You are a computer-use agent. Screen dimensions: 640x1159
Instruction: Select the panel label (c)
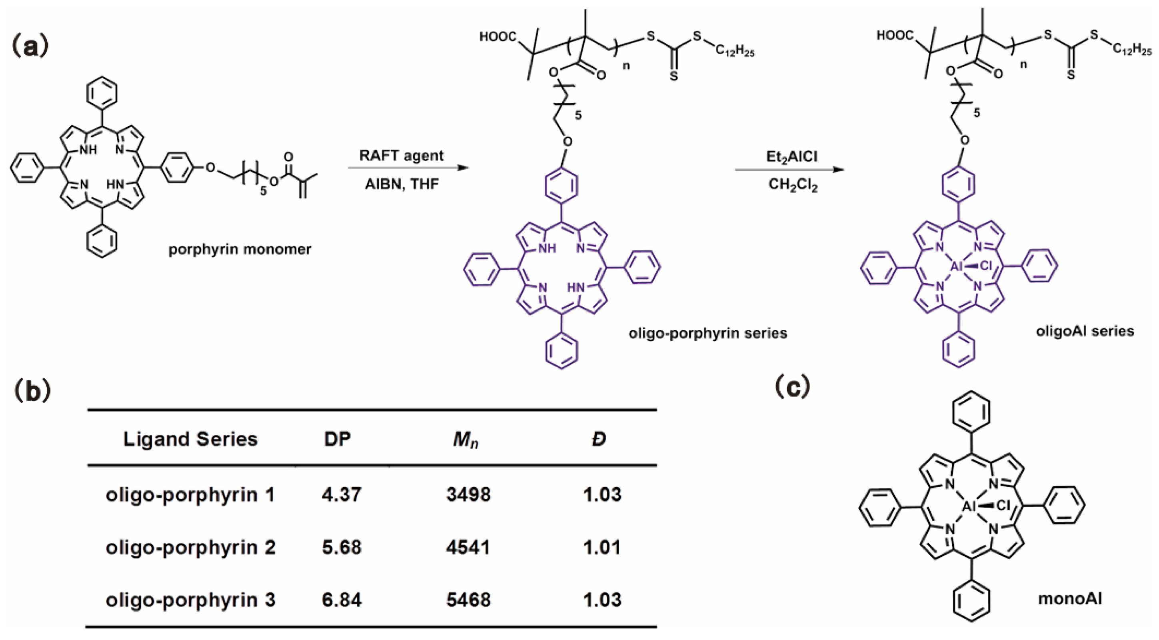[792, 387]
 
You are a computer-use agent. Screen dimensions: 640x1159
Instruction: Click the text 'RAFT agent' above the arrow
[402, 156]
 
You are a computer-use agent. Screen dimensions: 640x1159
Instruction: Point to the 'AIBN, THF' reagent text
[402, 184]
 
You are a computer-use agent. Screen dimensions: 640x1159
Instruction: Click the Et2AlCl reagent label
[792, 157]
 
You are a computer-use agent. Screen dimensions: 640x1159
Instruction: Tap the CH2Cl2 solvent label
[793, 185]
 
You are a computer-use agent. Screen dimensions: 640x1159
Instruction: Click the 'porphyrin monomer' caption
[240, 249]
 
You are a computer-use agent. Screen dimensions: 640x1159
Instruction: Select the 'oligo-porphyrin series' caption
[708, 333]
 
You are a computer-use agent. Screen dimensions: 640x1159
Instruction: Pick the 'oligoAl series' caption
[1085, 331]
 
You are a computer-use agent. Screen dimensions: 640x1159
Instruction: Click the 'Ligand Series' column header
[190, 439]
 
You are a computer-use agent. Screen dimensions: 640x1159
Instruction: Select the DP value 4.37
[342, 495]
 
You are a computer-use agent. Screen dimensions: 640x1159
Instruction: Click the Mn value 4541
[468, 547]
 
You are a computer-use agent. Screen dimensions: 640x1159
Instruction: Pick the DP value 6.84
[342, 600]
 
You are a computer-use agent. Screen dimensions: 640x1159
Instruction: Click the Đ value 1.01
[602, 547]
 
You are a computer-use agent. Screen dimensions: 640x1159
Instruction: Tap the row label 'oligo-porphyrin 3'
[190, 600]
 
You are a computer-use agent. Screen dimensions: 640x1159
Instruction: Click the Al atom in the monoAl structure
[968, 507]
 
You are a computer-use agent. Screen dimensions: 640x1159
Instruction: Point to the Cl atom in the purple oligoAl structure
[985, 266]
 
